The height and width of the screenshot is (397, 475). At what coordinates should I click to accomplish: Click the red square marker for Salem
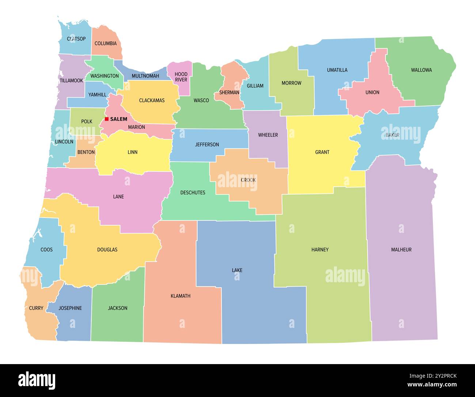[x=107, y=119]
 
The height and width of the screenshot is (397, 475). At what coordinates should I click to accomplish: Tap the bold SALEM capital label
[x=118, y=119]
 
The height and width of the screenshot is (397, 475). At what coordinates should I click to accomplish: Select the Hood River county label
[x=181, y=77]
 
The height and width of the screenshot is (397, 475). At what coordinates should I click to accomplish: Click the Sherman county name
[x=229, y=92]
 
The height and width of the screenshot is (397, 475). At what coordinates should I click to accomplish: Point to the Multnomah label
[x=145, y=76]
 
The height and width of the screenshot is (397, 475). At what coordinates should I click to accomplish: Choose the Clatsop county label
[x=76, y=39]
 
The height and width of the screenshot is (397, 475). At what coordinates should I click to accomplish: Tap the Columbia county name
[x=106, y=44]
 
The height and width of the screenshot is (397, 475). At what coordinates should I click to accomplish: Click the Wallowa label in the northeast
[x=421, y=70]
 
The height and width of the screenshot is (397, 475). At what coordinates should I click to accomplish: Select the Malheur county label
[x=401, y=250]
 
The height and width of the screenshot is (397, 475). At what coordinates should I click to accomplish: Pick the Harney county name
[x=320, y=250]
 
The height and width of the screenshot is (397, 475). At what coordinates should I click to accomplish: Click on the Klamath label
[x=180, y=296]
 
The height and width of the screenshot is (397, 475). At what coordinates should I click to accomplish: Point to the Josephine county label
[x=70, y=308]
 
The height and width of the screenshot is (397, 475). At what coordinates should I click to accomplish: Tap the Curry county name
[x=36, y=308]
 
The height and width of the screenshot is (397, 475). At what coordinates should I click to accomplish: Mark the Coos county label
[x=46, y=250]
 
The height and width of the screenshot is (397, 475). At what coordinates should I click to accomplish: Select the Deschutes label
[x=193, y=193]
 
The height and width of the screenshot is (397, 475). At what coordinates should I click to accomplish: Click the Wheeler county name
[x=268, y=135]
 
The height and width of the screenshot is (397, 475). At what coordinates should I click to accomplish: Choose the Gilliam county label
[x=255, y=86]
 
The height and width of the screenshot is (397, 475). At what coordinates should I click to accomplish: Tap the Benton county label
[x=86, y=152]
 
